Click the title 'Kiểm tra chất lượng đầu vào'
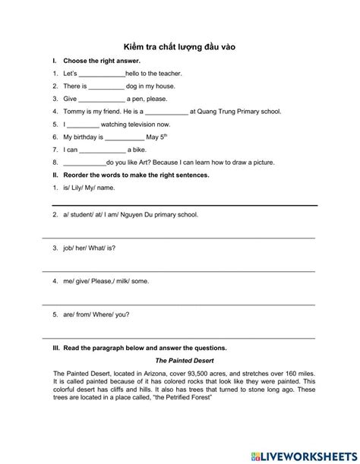pos(180,46)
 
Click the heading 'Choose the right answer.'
pos(103,61)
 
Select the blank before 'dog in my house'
pos(100,87)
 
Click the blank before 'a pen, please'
pos(101,99)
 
